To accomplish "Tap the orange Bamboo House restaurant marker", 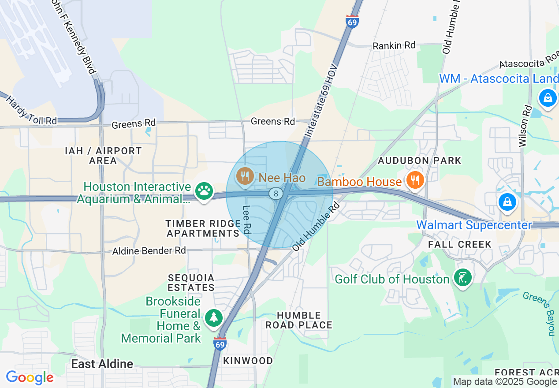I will [x=414, y=180].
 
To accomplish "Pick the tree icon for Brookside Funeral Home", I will [x=214, y=317].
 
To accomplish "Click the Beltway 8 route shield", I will [x=276, y=193].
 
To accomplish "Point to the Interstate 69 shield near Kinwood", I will [x=220, y=343].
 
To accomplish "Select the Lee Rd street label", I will [x=247, y=220].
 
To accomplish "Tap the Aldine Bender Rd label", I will [x=149, y=251].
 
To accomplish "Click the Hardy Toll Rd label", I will [x=31, y=110].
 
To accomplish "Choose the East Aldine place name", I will [x=102, y=364].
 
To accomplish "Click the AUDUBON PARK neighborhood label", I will [x=419, y=160].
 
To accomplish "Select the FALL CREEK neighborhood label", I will [x=459, y=244].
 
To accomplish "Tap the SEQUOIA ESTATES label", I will [x=191, y=283].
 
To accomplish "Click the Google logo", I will [x=30, y=378].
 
